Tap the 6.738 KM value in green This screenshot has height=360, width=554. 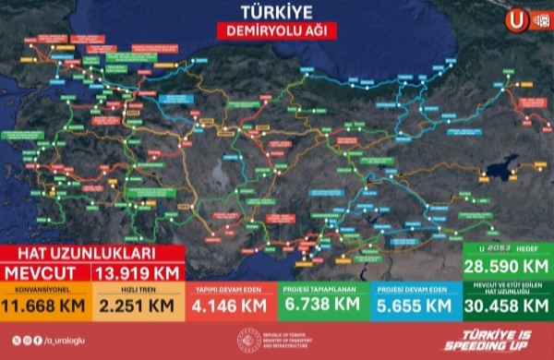pos(321,305)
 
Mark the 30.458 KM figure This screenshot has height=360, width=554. pos(506,306)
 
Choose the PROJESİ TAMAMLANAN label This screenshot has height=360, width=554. pos(321,288)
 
